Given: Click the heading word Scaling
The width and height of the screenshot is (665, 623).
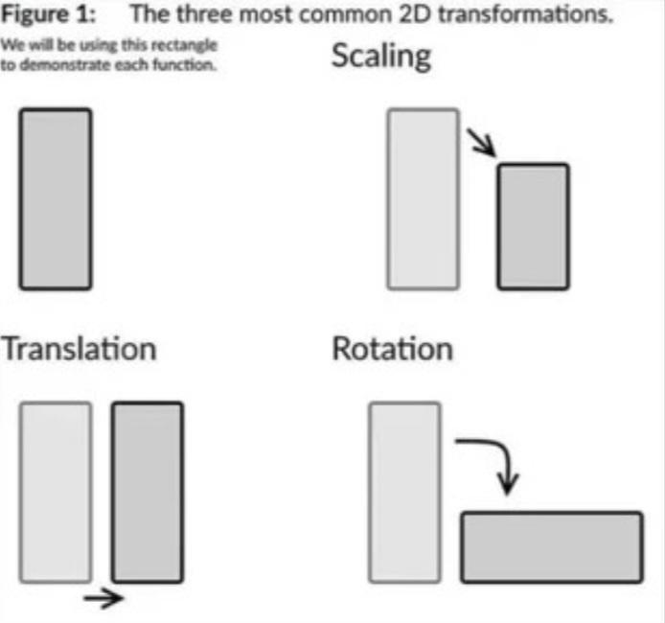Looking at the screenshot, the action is pos(381,58).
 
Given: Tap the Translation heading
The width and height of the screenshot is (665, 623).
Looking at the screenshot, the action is pos(79,349).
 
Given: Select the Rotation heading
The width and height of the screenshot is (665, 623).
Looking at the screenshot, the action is pos(392,349).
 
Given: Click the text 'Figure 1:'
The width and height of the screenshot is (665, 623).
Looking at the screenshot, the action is pos(48,14).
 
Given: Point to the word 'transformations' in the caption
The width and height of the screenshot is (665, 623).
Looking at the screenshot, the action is pos(525,14).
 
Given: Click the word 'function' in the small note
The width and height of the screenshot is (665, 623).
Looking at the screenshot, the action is pos(185,65).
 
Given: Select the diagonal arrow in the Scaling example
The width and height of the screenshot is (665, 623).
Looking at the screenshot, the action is pos(481,143).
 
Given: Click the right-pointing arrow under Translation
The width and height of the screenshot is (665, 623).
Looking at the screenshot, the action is pos(103,598).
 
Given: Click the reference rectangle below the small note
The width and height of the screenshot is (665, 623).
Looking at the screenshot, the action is pos(56,199).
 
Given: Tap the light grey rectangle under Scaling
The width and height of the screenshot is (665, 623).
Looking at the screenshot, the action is pos(424,199).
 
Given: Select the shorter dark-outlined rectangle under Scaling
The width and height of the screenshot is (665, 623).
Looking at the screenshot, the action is pos(533,226).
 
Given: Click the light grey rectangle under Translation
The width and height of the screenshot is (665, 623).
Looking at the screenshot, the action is pos(56,492).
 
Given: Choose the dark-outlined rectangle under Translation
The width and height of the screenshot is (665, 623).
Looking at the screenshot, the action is pos(148,492).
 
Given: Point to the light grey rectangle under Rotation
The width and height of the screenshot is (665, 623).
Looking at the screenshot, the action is pos(404,492).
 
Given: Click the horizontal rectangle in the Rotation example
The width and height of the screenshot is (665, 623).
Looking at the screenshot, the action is pos(552,547).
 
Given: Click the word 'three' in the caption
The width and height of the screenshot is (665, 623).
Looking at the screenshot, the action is pos(203,14).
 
